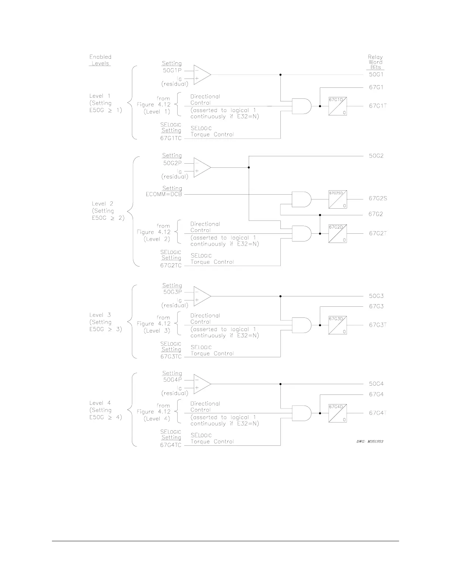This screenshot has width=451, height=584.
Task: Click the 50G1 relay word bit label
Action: tap(376, 74)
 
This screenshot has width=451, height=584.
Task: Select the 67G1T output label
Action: tap(378, 106)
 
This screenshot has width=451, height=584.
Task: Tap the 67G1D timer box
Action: tap(338, 106)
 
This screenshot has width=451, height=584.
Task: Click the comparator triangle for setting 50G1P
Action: tap(202, 74)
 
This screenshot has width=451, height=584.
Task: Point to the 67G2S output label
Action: tap(378, 198)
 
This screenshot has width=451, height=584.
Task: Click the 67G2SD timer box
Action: tap(338, 199)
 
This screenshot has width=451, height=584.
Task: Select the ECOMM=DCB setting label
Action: tap(164, 194)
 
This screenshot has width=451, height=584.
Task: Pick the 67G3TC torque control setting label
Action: tap(171, 357)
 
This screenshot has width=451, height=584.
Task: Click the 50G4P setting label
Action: tap(172, 380)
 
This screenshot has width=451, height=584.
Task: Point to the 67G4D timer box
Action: tap(338, 413)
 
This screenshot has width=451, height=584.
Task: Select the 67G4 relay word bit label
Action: tap(376, 394)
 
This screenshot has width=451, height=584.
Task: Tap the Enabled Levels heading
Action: tap(100, 60)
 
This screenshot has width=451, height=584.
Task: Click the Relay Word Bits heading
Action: tap(375, 62)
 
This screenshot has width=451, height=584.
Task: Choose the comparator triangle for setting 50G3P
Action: tap(202, 296)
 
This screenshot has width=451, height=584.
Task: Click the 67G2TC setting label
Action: tap(171, 265)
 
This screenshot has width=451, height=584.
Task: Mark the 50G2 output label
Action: tap(376, 156)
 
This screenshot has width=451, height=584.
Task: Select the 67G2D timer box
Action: tap(338, 234)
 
